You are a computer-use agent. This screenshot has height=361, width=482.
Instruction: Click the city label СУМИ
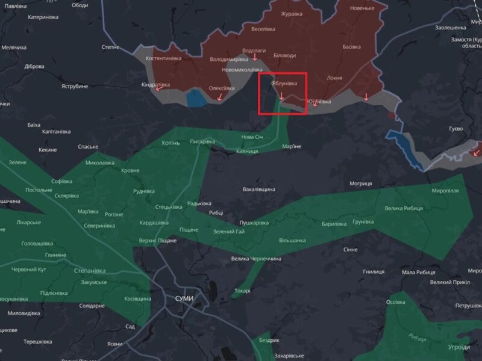(x=184, y=298)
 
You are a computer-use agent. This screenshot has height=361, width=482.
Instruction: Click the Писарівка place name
(x=202, y=141)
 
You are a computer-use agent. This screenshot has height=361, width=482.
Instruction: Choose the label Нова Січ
(x=252, y=138)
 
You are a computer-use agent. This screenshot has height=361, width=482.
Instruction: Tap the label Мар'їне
(x=291, y=146)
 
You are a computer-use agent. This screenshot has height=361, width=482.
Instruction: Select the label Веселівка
(x=263, y=29)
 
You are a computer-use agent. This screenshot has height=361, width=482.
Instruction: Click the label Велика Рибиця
(x=404, y=208)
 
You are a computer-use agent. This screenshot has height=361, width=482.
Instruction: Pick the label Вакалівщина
(x=259, y=190)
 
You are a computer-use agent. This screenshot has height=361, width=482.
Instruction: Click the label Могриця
(x=361, y=183)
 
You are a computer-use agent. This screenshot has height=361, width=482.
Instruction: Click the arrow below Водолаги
(x=254, y=58)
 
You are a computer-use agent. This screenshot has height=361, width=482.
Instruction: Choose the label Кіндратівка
(x=155, y=85)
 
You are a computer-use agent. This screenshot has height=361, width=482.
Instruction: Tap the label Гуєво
(x=456, y=129)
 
